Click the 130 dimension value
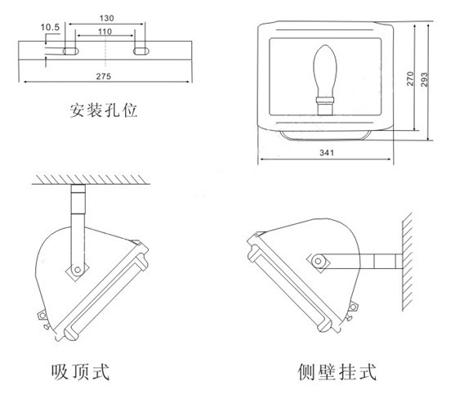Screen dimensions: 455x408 [x=107, y=18]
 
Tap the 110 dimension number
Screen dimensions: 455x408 [x=105, y=31]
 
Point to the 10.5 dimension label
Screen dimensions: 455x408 [x=50, y=27]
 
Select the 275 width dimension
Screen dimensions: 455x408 [x=104, y=76]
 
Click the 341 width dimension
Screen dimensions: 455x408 [x=327, y=152]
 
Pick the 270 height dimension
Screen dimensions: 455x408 [x=410, y=78]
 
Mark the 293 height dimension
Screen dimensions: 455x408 [x=424, y=79]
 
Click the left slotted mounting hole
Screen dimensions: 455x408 [x=71, y=52]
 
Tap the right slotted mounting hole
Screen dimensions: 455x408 [x=141, y=52]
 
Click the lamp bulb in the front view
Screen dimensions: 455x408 [x=325, y=72]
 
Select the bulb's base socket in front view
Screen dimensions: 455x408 [x=325, y=106]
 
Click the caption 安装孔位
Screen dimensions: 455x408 [x=103, y=110]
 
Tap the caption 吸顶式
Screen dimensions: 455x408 [x=80, y=371]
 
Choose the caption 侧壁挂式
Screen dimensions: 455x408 [x=337, y=371]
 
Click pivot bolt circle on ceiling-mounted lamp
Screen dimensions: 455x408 [x=78, y=270]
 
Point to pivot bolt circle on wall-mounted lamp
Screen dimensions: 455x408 [x=318, y=261]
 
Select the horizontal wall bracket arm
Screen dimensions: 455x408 [x=359, y=261]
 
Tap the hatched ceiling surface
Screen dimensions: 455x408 [x=91, y=179]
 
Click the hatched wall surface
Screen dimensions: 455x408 [x=407, y=262]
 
